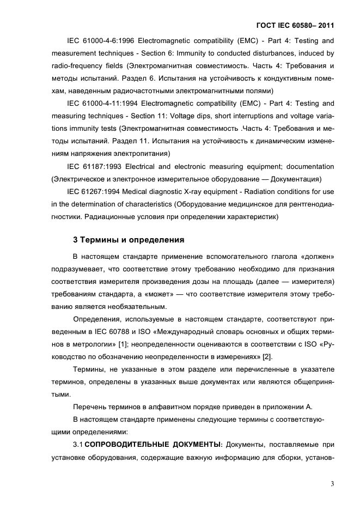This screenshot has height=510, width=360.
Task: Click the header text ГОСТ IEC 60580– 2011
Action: (295, 25)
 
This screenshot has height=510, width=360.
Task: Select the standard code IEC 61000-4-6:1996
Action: (100, 41)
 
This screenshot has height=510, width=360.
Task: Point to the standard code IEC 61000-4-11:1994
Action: (102, 103)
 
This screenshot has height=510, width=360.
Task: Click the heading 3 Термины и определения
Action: (129, 240)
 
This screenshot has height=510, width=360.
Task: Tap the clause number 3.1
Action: (78, 444)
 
